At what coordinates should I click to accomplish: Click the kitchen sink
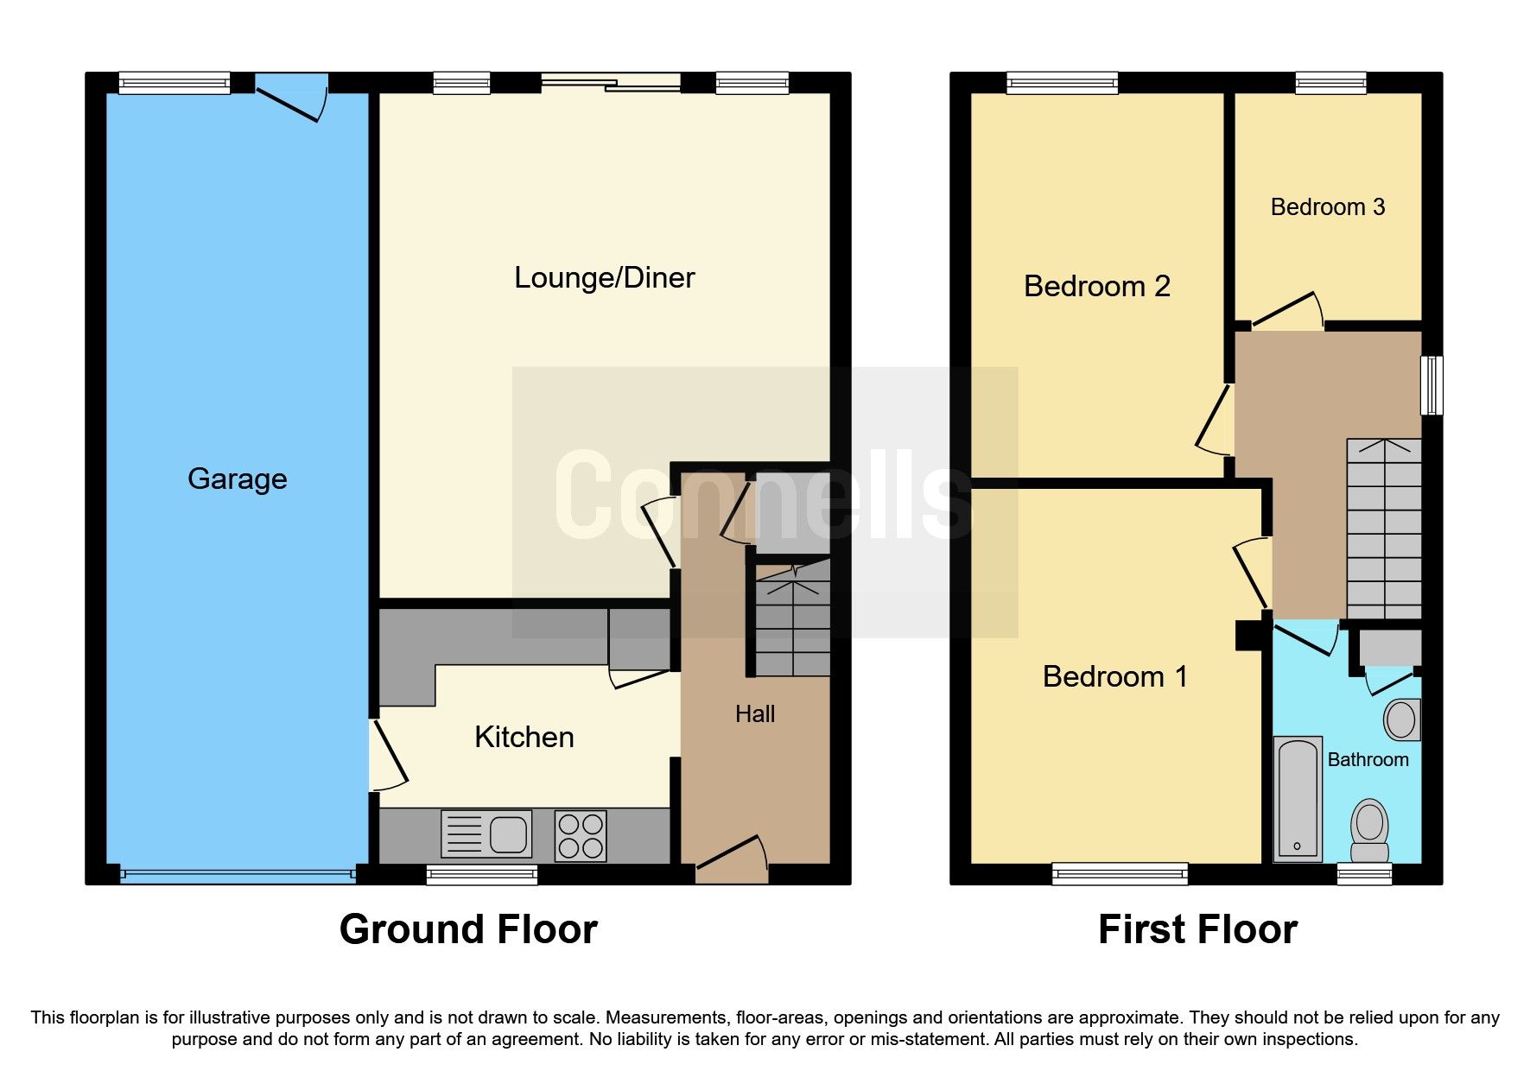tap(486, 835)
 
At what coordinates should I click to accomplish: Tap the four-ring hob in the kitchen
tap(581, 835)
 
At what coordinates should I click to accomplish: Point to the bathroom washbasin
tap(1401, 719)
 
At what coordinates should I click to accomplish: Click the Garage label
tap(237, 478)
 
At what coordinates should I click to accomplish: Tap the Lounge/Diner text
tap(604, 277)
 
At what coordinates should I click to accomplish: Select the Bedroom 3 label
tap(1327, 207)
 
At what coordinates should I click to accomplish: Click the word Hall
tap(754, 714)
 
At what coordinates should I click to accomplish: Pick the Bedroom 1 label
tap(1114, 676)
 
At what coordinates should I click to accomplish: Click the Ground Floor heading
tap(468, 929)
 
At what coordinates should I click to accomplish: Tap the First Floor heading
tap(1197, 929)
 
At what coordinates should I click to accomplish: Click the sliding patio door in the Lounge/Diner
tap(611, 83)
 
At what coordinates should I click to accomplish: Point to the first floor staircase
tap(1384, 529)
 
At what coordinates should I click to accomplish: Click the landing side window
tap(1432, 385)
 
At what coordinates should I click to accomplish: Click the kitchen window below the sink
tap(481, 875)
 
